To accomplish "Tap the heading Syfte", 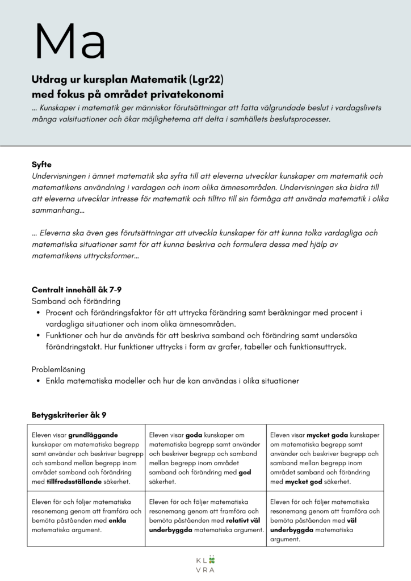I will click(41, 165).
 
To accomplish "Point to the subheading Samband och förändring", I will click(76, 301).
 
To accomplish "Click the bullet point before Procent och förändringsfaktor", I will click(37, 313).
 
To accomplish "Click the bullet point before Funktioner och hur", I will click(37, 336).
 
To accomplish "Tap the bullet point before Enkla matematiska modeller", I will click(37, 381).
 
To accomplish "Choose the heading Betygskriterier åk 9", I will click(69, 415).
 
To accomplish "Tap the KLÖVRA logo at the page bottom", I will click(205, 565).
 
